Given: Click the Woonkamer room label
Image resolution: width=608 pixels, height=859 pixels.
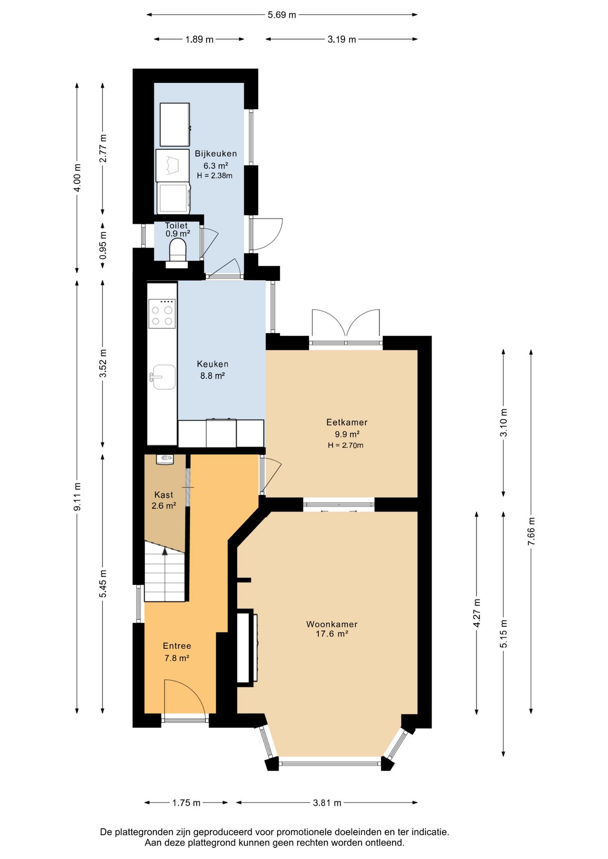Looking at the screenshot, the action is (332, 624).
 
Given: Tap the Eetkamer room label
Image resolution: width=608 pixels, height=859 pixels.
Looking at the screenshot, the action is (347, 422).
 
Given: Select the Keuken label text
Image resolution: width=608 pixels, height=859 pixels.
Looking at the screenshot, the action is (213, 364).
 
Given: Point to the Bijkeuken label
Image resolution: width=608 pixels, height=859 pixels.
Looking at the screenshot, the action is (216, 153).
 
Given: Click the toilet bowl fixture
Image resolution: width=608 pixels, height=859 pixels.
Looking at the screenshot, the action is (178, 250).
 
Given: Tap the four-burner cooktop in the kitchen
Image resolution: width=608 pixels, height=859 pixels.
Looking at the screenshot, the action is (162, 314).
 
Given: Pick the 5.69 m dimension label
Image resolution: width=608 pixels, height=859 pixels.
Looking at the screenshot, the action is (282, 15).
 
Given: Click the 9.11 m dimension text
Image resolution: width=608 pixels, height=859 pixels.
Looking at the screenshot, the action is (77, 497).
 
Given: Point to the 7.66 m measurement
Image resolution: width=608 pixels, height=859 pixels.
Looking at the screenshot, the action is (531, 531).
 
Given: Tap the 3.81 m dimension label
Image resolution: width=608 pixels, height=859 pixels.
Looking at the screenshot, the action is (327, 803).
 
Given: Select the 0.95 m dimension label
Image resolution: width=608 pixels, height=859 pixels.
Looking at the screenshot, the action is (103, 245).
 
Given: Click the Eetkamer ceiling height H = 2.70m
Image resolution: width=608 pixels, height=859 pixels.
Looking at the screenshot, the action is (346, 445).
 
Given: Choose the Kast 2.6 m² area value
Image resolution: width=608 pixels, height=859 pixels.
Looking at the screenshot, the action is (163, 506).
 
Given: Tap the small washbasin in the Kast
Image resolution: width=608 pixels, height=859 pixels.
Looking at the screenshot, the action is (165, 459).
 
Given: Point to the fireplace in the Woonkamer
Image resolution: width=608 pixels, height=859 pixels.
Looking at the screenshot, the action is (247, 647).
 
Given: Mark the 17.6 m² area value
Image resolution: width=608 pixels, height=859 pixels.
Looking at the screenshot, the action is (332, 634).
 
